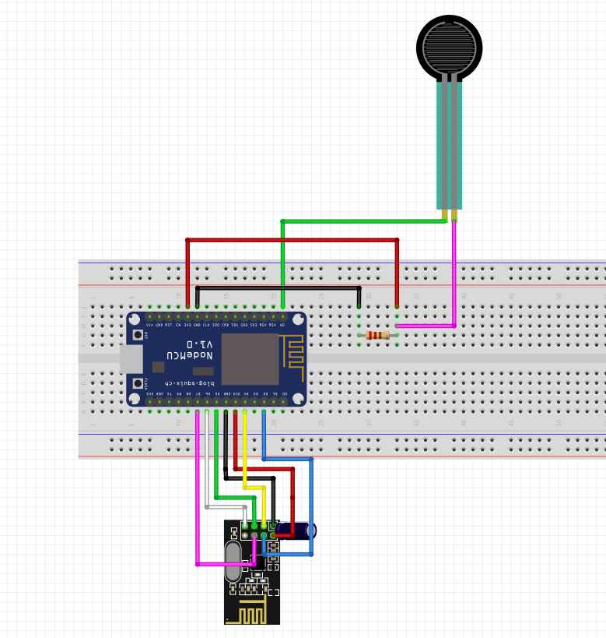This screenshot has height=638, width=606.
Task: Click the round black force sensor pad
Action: (x=449, y=47)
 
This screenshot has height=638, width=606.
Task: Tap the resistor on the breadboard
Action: (x=377, y=335)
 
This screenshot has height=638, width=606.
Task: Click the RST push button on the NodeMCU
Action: (x=138, y=335)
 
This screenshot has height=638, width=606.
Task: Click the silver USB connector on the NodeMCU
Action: (x=131, y=359)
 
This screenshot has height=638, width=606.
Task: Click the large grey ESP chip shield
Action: (x=250, y=359)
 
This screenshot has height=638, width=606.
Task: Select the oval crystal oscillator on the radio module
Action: (x=233, y=562)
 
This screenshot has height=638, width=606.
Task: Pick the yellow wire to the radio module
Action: (x=244, y=452)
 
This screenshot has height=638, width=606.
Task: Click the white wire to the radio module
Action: (x=207, y=467)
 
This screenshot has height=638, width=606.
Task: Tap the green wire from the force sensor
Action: (x=358, y=221)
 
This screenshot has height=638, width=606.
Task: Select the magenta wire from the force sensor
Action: (x=454, y=273)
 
